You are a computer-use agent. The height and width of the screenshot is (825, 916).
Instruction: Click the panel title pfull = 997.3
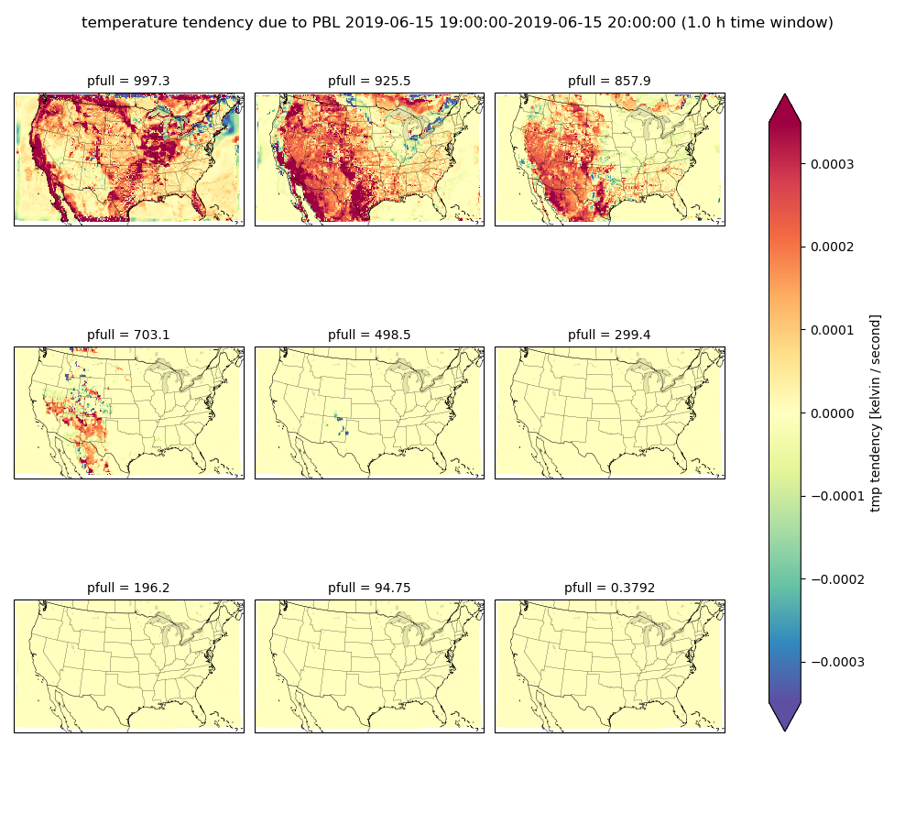[x=128, y=82]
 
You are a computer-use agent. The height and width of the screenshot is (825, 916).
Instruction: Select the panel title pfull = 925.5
[x=369, y=82]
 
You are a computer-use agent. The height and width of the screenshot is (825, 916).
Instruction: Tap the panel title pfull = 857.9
[x=609, y=82]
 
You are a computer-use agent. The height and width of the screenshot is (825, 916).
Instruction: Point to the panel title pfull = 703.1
[x=128, y=335]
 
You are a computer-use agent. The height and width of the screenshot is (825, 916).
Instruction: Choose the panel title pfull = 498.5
[x=369, y=335]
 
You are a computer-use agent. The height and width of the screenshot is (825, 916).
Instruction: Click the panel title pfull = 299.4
[x=609, y=335]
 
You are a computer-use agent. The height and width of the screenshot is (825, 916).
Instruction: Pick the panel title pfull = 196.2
[x=128, y=588]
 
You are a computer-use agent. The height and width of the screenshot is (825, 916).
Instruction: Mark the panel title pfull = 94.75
[x=369, y=588]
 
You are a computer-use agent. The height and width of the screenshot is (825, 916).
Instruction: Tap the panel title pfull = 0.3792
[x=609, y=588]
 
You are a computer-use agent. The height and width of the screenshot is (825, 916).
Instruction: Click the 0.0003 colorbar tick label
[x=832, y=164]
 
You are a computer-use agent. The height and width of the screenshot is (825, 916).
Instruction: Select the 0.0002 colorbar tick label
[x=832, y=247]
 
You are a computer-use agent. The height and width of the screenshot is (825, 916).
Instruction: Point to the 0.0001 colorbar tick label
[x=832, y=330]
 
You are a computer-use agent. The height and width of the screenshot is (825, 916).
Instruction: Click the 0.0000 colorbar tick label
[x=832, y=413]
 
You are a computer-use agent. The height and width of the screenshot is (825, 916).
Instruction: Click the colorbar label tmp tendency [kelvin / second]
[x=875, y=413]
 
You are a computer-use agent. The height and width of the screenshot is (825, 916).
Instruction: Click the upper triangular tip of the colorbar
[x=785, y=94]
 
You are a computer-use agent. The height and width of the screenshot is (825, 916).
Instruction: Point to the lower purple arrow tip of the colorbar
[x=785, y=731]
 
